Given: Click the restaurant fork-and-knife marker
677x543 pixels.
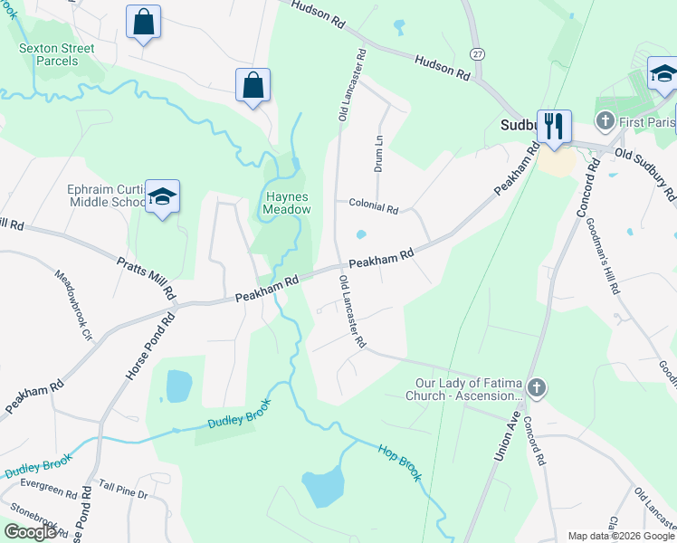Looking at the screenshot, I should (553, 125).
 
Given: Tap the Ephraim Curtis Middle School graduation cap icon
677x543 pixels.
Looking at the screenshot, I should (162, 196).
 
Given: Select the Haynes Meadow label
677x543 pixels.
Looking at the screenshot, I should (286, 203).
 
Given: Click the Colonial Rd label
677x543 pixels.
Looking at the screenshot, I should (374, 208).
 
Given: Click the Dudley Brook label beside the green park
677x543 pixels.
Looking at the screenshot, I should (239, 417).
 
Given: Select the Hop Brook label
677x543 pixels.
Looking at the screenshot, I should (399, 462).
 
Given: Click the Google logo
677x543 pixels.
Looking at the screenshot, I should (30, 532).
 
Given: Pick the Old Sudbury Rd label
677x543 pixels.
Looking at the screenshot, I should (645, 174).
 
